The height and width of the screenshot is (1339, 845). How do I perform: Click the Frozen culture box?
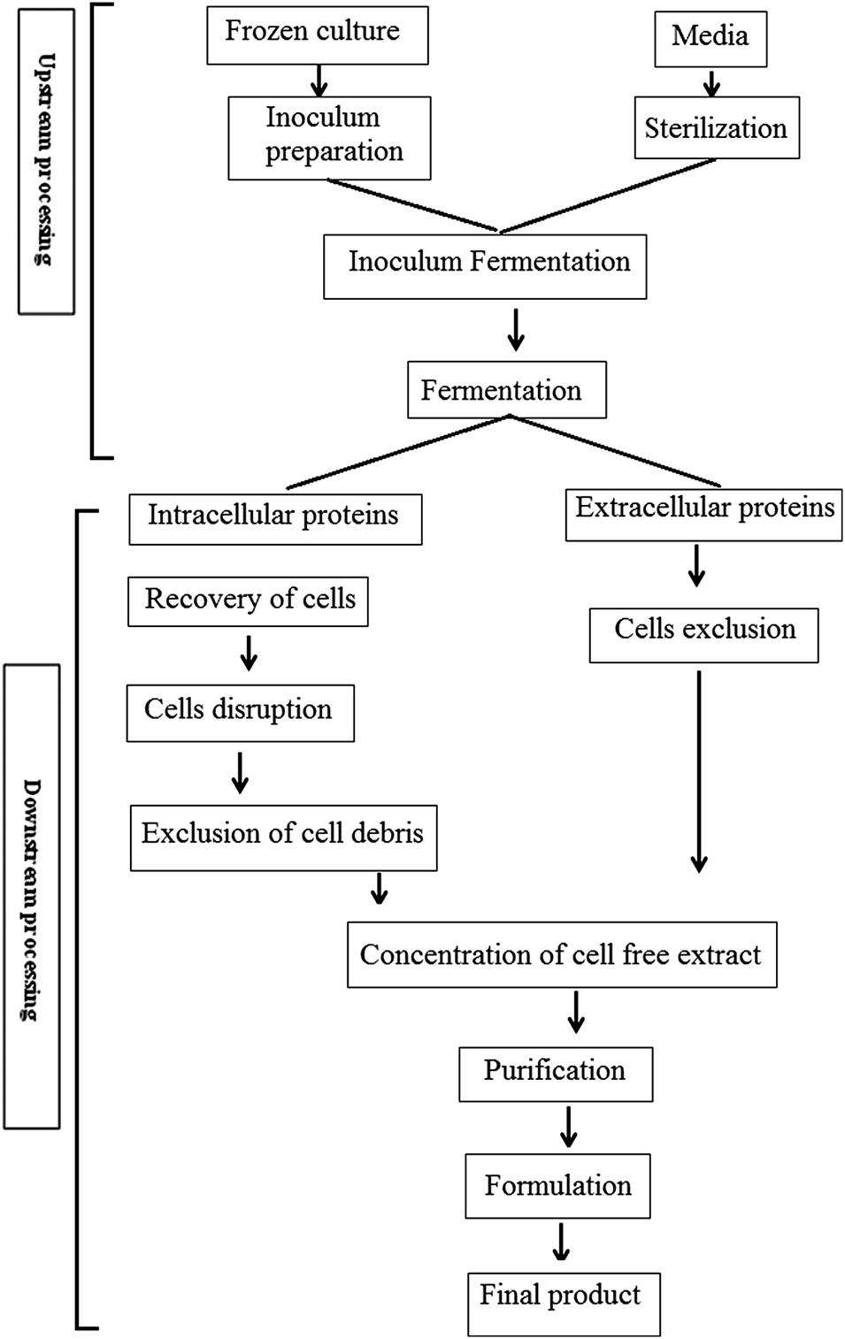pos(317,35)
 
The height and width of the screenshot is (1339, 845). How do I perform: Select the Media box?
pos(710,38)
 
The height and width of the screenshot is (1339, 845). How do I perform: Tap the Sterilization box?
pos(716,128)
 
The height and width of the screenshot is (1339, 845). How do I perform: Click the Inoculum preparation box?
pos(329,138)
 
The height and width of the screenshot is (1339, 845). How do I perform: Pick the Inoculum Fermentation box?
pos(485,265)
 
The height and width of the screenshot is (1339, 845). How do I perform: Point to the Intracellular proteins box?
pos(274,518)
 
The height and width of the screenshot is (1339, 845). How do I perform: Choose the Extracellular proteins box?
pos(703,514)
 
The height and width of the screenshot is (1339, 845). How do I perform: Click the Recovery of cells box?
pos(248,601)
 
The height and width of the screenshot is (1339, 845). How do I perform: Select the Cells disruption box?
pos(240,712)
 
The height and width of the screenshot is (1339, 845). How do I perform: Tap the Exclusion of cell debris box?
pos(283,837)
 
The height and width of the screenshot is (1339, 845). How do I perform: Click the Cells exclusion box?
pos(703,634)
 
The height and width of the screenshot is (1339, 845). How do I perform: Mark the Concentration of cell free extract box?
pos(562,954)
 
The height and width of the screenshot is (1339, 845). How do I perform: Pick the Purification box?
pos(556,1074)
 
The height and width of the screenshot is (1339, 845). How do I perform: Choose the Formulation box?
pos(557,1185)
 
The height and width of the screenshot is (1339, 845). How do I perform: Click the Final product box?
pos(564,1303)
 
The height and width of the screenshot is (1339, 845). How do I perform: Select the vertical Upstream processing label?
pos(46,159)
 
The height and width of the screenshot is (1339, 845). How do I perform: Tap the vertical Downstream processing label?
pos(32,896)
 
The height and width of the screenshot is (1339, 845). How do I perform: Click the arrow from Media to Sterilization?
pos(711,83)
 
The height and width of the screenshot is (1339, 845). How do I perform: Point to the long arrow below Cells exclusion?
pos(699,769)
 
